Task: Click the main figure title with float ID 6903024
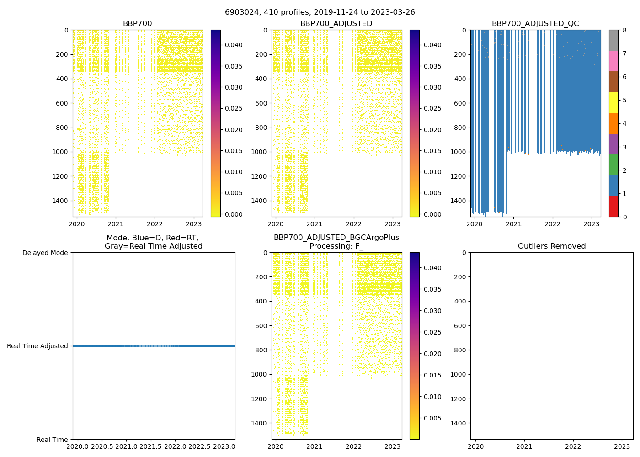point(320,12)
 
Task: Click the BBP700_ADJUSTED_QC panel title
point(535,24)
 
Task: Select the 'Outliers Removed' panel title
point(551,246)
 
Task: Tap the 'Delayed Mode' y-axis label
point(45,253)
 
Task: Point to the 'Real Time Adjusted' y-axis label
point(37,346)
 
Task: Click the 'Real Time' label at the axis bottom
point(52,440)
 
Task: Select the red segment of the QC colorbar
point(613,206)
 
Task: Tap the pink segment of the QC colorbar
point(613,61)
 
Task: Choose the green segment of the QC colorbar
point(613,165)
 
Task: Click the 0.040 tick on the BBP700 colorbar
point(233,45)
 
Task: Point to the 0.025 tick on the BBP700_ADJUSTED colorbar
point(432,108)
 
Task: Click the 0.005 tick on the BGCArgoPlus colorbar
point(432,418)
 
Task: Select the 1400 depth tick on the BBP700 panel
point(61,201)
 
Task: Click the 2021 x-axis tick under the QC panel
point(513,224)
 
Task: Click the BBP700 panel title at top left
point(137,24)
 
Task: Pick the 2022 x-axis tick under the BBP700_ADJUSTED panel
point(353,224)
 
